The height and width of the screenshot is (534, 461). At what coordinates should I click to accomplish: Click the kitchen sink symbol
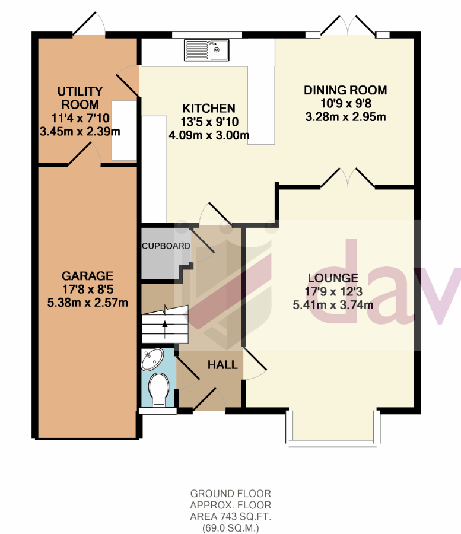point(206,50)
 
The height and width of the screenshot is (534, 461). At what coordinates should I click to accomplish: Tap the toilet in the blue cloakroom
point(159,390)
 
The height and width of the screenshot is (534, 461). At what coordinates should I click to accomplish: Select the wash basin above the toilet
point(152,359)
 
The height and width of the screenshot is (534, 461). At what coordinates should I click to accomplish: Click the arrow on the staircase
point(165,329)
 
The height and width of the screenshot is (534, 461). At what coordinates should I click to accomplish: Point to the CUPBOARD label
point(166,246)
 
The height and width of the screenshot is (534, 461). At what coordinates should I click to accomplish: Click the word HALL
point(222,365)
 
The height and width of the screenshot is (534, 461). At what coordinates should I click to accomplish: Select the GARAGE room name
point(87,276)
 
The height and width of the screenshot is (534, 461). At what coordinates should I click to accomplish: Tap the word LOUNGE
point(333,278)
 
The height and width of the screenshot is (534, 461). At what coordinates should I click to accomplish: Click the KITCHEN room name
point(209,109)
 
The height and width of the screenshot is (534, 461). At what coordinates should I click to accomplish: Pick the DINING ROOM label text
point(345,90)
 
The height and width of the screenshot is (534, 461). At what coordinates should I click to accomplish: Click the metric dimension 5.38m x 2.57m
point(87,303)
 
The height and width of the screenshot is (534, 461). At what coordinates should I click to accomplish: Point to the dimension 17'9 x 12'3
point(333,291)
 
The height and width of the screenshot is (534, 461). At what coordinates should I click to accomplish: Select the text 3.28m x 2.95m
point(345,117)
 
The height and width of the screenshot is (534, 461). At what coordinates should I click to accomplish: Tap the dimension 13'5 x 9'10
point(209,122)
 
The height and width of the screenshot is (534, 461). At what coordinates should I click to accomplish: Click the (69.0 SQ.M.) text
point(230,528)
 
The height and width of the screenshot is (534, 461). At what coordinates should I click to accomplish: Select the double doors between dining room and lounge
point(348,178)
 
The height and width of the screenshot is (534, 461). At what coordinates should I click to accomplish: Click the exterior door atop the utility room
point(89,24)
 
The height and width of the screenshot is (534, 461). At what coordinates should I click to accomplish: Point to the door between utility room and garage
point(84,155)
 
